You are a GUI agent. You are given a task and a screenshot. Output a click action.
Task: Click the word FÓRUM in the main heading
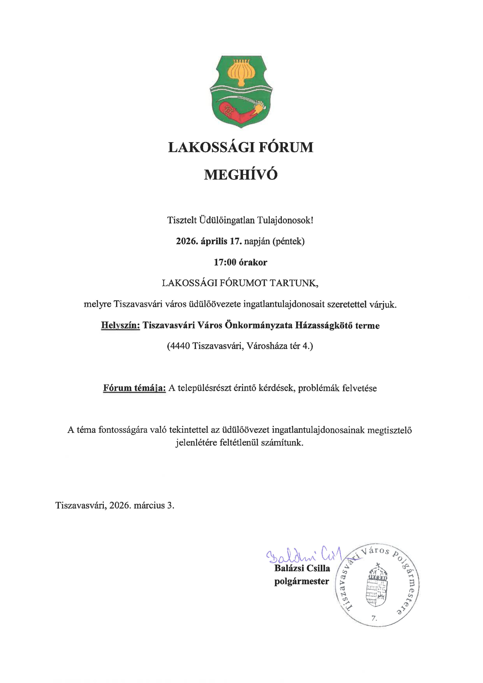286,148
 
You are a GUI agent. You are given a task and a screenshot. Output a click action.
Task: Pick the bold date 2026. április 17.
208,241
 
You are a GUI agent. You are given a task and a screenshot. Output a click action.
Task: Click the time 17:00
225,262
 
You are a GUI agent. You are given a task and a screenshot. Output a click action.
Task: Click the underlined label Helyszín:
120,325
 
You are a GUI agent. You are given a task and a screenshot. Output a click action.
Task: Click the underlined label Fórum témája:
134,388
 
